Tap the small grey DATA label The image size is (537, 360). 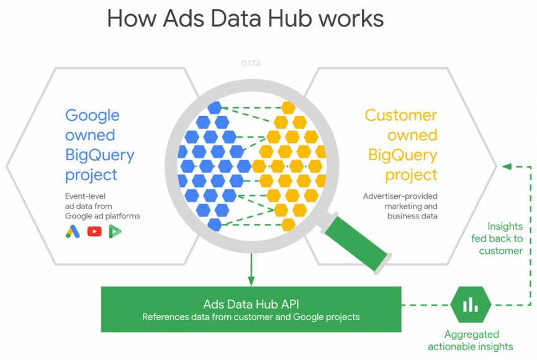[x=251, y=63]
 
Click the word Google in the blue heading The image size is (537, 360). [x=93, y=115]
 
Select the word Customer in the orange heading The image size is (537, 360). [x=400, y=115]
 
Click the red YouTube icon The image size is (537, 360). [x=94, y=232]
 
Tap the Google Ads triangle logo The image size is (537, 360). [x=73, y=232]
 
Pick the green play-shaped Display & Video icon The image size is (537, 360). [x=115, y=232]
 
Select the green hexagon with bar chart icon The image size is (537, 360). [x=471, y=304]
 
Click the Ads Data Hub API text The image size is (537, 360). [x=251, y=304]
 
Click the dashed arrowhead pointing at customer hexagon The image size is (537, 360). [x=507, y=166]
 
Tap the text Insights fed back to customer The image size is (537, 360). [x=504, y=239]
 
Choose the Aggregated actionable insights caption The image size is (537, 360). [x=471, y=341]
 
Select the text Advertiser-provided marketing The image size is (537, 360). [x=400, y=201]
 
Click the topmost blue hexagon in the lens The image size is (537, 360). [x=214, y=107]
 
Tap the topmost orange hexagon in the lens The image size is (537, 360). [x=288, y=107]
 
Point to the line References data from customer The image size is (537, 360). [x=251, y=317]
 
